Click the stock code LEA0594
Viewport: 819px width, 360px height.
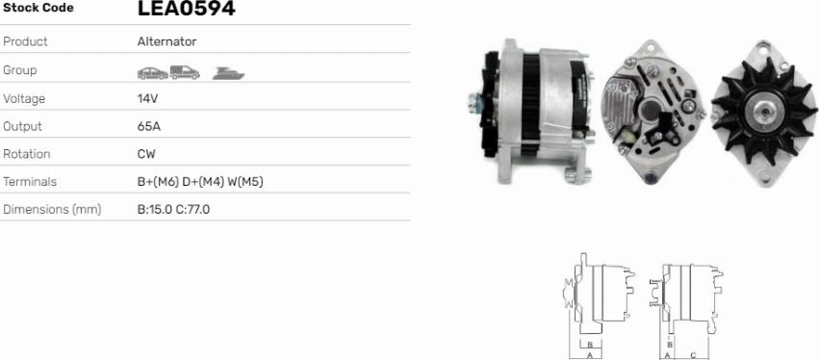[187, 8]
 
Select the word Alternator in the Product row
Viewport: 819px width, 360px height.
[167, 41]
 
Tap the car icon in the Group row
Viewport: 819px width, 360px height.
[152, 73]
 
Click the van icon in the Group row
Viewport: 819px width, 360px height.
[185, 72]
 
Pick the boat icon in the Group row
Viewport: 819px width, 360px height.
[229, 74]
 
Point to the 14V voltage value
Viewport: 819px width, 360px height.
[147, 99]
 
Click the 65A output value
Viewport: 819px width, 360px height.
[149, 126]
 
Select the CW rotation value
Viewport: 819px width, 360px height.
[146, 154]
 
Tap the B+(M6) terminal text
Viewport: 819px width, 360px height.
[158, 182]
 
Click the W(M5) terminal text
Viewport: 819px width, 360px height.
[245, 182]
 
